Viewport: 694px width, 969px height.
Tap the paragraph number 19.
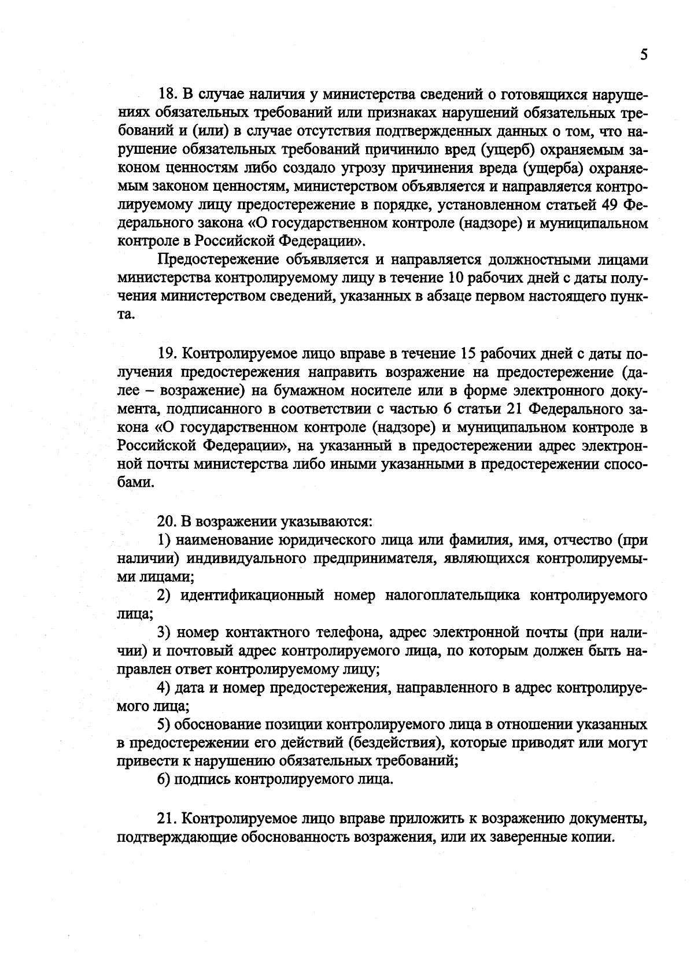pyautogui.click(x=168, y=354)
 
